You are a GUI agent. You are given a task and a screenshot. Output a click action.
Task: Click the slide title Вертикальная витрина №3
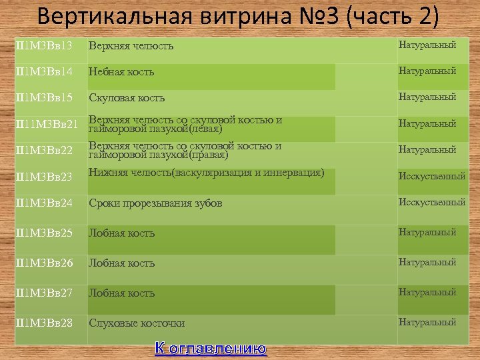point(239,16)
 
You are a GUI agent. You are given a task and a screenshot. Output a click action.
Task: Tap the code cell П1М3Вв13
point(43,45)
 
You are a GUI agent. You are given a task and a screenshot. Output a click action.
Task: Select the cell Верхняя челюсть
point(131,46)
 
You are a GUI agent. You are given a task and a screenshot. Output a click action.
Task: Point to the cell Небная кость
point(122,72)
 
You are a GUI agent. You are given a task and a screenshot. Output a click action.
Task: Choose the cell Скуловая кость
point(127,98)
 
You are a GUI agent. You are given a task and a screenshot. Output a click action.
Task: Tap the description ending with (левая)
point(185,124)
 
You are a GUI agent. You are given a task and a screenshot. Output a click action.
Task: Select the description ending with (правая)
point(185,150)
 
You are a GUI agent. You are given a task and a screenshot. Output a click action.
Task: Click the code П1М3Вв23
point(43,177)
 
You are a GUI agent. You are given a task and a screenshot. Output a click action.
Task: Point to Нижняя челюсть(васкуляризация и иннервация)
point(207,173)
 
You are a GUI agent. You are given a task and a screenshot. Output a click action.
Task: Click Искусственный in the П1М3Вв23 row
point(431,177)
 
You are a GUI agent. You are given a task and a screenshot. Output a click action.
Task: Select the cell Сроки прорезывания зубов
point(155,203)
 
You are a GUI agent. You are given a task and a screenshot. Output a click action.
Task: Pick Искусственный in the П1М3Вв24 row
point(431,202)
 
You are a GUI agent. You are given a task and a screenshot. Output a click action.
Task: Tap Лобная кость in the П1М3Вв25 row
point(122,233)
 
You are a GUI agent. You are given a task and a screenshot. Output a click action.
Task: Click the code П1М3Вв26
point(43,263)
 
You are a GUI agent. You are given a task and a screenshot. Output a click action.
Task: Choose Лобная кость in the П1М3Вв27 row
point(122,293)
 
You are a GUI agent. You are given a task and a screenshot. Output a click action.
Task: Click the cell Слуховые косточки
point(137,323)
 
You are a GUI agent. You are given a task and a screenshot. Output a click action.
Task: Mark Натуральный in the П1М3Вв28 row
point(427,322)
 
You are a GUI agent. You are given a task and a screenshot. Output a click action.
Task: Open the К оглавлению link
point(211,348)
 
